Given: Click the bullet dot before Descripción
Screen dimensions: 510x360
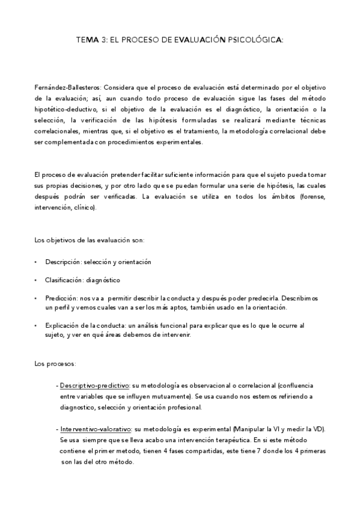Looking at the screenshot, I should (x=37, y=262).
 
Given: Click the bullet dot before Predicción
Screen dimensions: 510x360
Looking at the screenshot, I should (x=37, y=298).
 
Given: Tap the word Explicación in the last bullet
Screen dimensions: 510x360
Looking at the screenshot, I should (x=62, y=325).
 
